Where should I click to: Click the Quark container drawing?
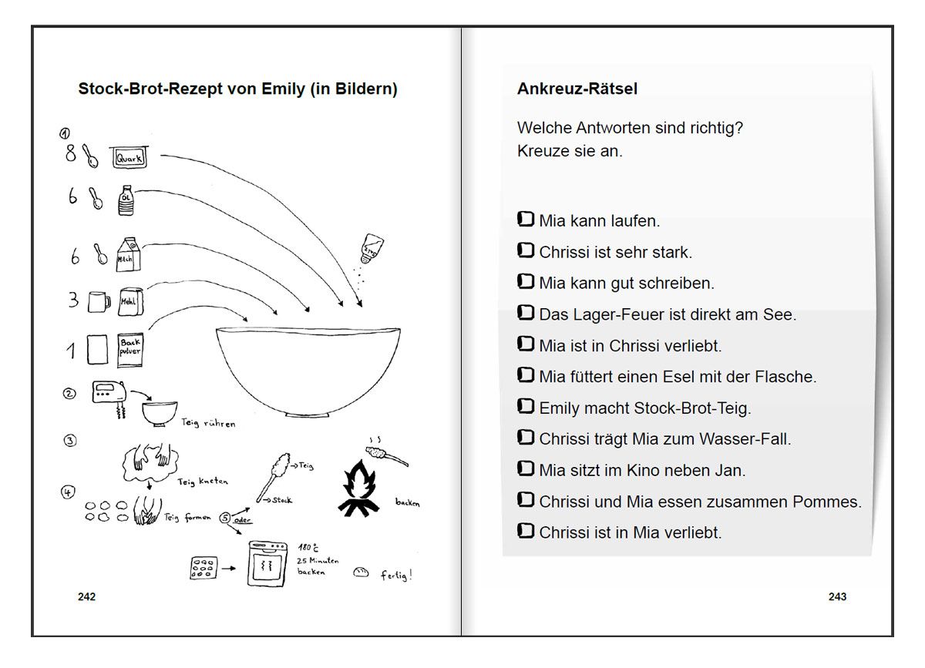coord(129,158)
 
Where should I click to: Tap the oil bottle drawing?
coord(126,200)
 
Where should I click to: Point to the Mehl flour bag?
coord(129,300)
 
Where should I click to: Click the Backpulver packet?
coord(129,349)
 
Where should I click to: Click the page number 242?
coord(86,596)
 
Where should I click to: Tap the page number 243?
coord(837,596)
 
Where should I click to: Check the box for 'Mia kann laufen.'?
coord(526,220)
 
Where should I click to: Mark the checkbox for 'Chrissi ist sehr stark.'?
coord(526,251)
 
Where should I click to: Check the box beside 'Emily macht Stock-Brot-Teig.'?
coord(526,407)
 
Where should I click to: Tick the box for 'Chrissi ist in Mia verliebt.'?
coord(526,532)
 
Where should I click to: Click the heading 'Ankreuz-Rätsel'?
coord(577,89)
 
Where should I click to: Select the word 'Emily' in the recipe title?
coord(283,89)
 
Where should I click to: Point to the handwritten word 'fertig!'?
coord(396,575)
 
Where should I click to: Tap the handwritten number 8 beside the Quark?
coord(71,154)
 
